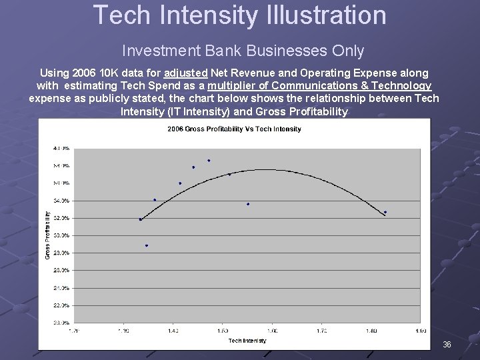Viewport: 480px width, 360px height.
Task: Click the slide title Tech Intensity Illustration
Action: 239,15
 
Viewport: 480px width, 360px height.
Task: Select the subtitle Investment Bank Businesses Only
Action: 243,51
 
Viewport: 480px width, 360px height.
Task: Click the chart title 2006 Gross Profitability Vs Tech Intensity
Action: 234,129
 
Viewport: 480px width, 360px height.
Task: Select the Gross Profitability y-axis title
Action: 47,235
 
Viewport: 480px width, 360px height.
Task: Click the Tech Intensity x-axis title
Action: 247,340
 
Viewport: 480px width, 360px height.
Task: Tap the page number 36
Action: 447,345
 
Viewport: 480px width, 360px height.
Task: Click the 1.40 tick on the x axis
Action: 173,330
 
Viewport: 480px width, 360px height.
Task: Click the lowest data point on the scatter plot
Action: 147,245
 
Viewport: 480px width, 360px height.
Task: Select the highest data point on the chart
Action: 209,160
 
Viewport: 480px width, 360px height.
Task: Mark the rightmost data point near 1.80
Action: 385,212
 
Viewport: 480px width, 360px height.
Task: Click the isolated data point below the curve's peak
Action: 248,204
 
